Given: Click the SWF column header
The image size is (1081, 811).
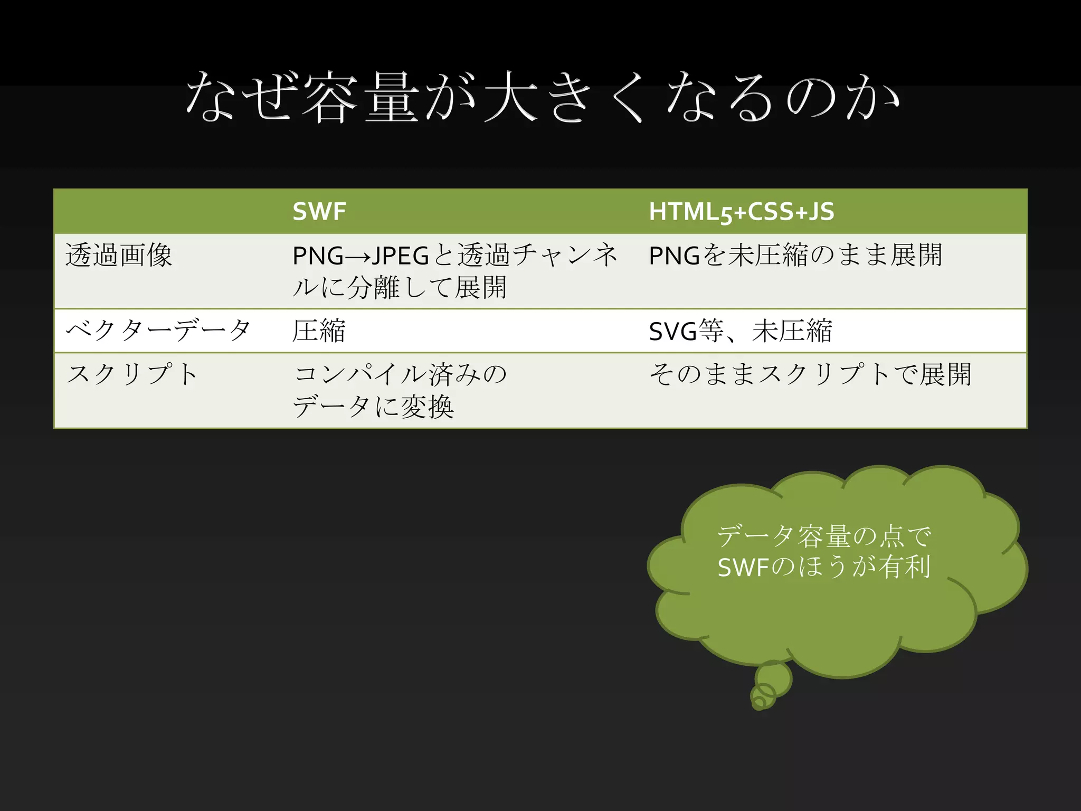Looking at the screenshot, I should point(319,212).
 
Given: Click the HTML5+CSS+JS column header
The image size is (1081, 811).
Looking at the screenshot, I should point(741,212).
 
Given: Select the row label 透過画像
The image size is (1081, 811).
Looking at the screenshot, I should point(119,256).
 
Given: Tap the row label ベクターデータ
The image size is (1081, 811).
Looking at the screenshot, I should point(158,331).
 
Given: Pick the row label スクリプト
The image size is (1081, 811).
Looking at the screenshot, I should point(132,374).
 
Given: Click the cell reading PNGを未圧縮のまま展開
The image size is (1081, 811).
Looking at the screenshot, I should point(795,256).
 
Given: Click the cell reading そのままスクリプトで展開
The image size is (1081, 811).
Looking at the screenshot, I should point(810,374).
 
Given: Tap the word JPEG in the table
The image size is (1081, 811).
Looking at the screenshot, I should point(401,256).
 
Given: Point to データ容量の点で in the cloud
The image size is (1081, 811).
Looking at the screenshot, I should point(823,536).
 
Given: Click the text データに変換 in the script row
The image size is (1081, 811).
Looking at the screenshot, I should point(373,407).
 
